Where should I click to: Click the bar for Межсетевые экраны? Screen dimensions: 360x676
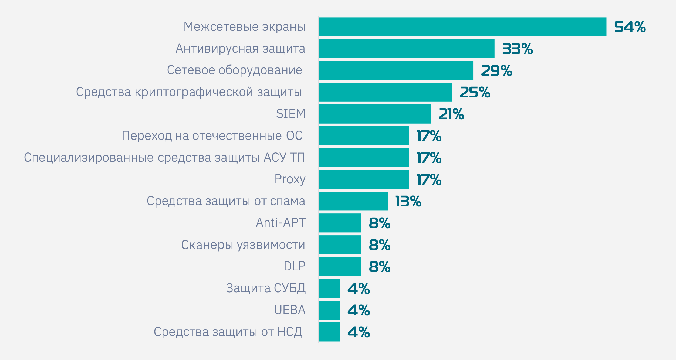[462, 27]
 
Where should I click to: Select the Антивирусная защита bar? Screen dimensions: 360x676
[407, 49]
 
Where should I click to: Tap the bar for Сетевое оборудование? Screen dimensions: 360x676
[396, 70]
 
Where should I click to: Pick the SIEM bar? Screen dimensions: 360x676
[375, 114]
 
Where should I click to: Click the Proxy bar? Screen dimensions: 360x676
[364, 179]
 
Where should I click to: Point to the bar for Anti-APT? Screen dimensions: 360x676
[340, 223]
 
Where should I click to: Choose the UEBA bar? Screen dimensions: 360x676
[329, 310]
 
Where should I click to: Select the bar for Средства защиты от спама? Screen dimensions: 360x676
[353, 201]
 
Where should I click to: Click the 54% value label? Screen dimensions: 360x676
[630, 27]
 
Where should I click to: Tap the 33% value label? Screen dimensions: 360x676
[517, 49]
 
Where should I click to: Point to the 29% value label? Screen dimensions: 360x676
[496, 71]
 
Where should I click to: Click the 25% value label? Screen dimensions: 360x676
[475, 92]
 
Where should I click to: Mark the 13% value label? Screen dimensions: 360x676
[408, 201]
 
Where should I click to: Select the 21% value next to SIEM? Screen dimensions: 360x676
[451, 114]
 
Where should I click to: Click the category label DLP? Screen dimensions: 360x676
[295, 266]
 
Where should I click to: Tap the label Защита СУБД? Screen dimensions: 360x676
[266, 288]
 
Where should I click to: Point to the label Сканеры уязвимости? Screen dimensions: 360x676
[243, 245]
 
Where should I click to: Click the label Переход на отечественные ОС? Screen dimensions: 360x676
[212, 135]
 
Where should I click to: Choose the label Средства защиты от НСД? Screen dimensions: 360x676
[228, 332]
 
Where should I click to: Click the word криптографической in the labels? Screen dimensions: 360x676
[194, 92]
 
